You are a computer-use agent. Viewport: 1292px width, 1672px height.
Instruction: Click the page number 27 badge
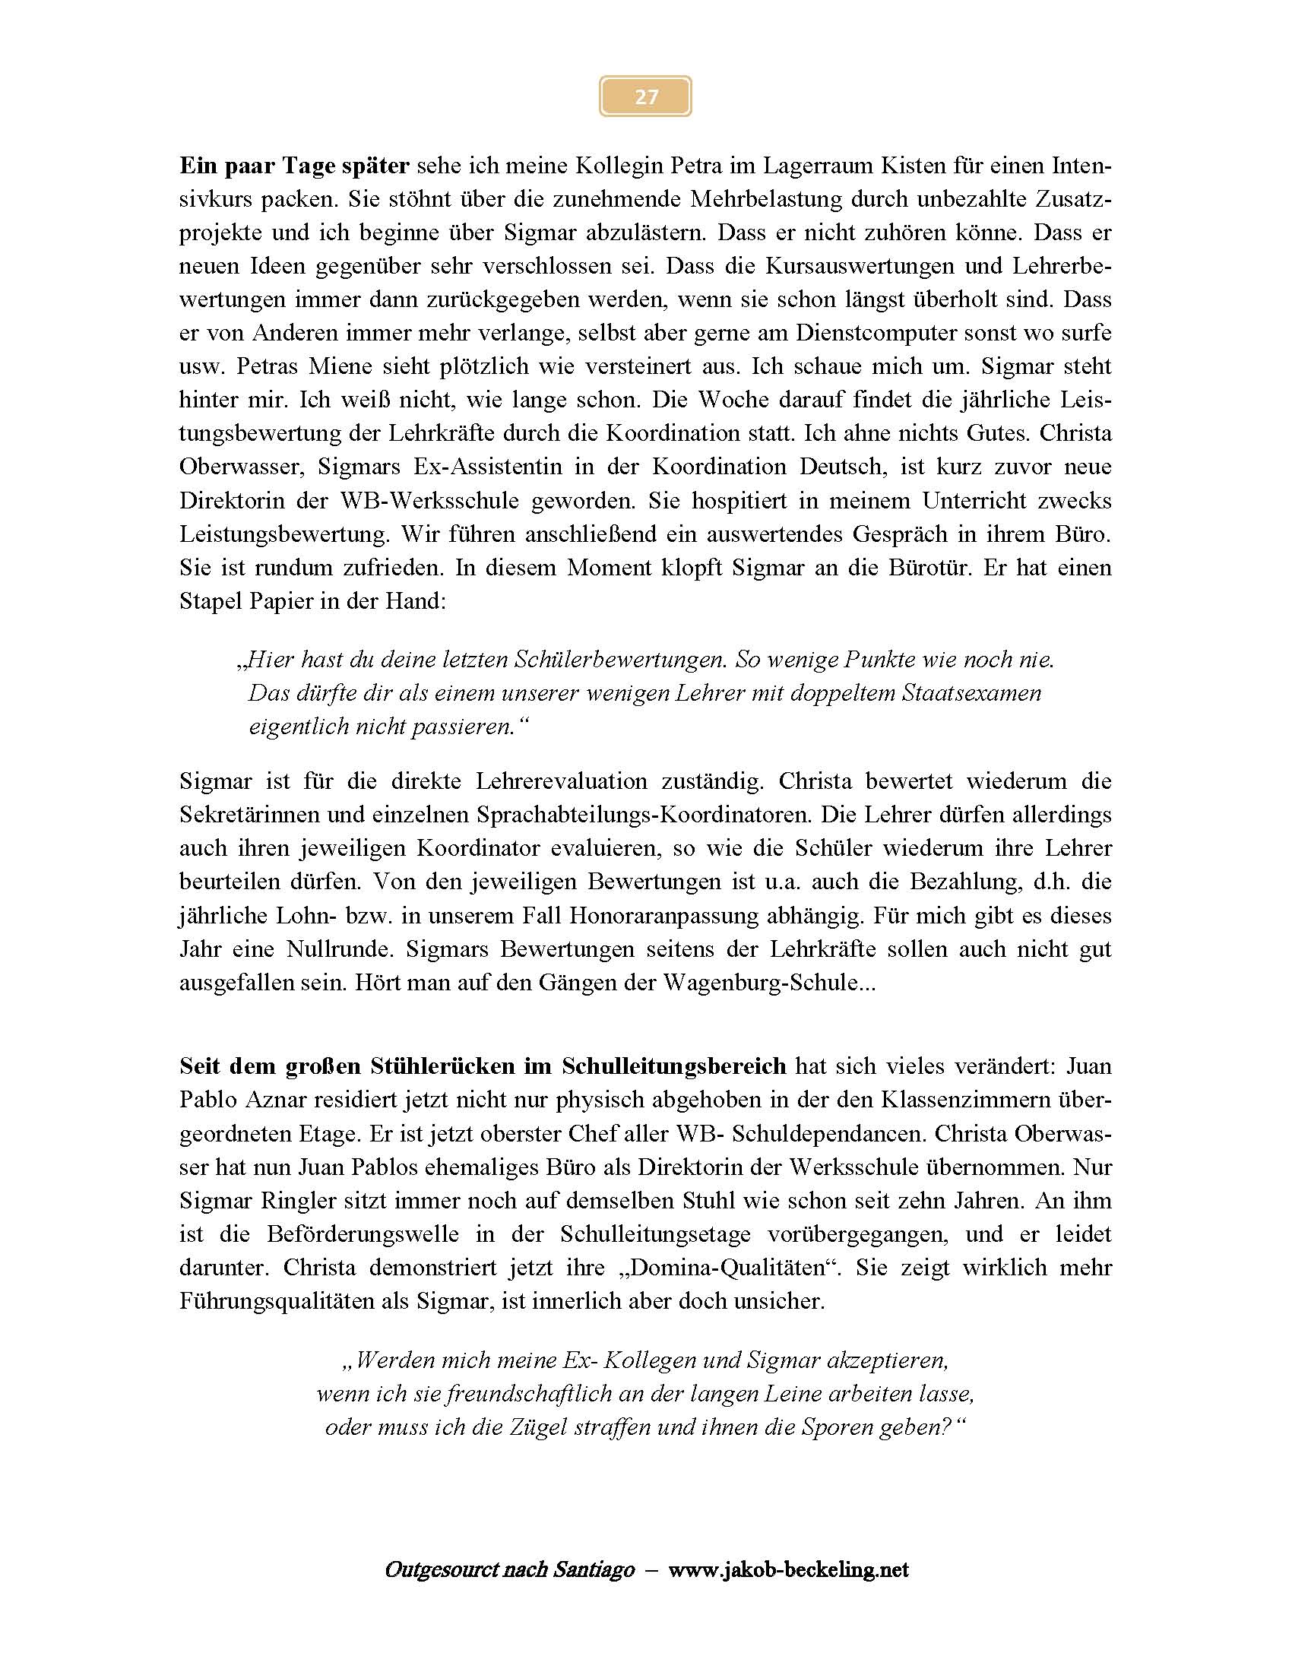pos(645,97)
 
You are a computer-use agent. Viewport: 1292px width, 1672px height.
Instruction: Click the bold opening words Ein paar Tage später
pos(295,166)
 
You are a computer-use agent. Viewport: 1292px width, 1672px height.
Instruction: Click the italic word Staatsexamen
pos(971,693)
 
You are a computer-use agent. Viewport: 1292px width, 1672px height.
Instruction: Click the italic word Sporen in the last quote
pos(856,1427)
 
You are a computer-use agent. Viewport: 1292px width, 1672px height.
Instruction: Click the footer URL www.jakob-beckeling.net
pos(788,1570)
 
